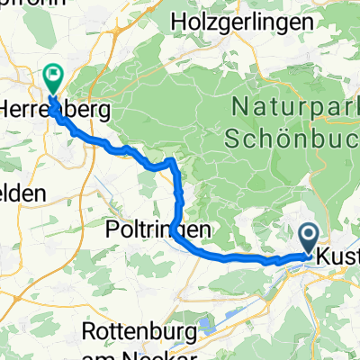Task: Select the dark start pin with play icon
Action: point(308,238)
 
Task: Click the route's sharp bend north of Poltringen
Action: point(172,163)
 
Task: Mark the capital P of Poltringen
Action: point(111,226)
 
